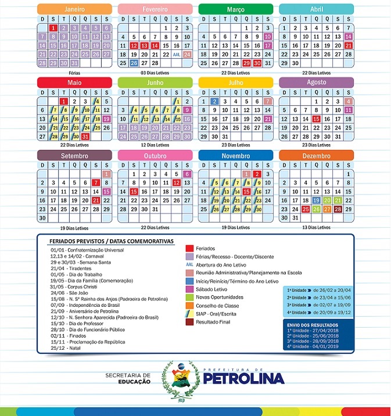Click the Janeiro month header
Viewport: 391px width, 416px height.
[74, 9]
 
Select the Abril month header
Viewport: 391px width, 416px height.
[316, 9]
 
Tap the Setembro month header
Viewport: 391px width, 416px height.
[74, 156]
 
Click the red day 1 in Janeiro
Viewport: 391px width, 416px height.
[53, 28]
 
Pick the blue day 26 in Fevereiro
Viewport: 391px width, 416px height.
[134, 63]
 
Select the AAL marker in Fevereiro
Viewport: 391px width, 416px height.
[176, 54]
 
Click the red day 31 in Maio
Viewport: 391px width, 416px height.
[85, 137]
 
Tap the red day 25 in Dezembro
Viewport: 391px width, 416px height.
[306, 209]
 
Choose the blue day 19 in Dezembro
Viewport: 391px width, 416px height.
[316, 200]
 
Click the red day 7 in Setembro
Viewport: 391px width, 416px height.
[96, 182]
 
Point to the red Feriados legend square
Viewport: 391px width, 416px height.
[189, 248]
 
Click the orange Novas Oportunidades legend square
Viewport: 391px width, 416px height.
[189, 297]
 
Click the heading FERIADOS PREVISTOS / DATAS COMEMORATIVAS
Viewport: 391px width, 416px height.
[112, 241]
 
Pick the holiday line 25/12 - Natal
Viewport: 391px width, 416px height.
[65, 347]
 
